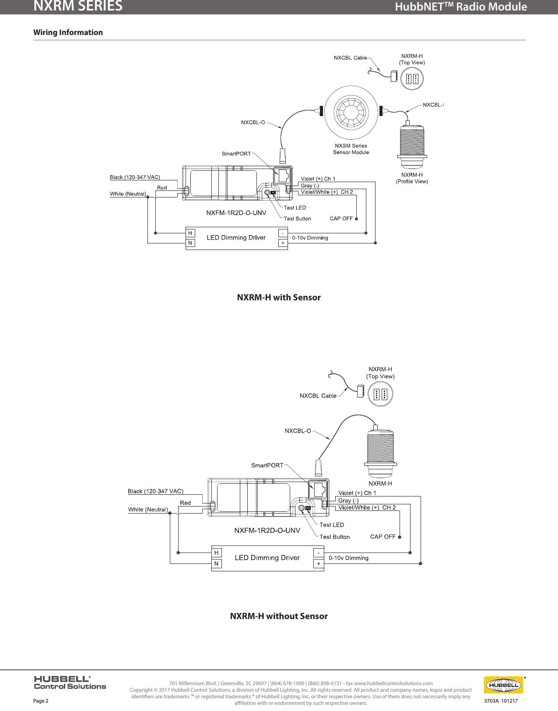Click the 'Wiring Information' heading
68,32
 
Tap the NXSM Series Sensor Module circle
351,112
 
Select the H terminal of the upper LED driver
190,233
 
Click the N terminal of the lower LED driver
216,563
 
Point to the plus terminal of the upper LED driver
283,243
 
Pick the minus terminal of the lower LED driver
319,553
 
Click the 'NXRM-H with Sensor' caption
279,297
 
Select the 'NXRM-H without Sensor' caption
279,616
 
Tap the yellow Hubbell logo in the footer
503,685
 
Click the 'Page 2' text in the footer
41,700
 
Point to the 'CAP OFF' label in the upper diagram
341,218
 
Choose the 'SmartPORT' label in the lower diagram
267,465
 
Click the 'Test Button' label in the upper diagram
297,218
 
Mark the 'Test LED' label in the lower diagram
331,525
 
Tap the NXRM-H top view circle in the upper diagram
412,79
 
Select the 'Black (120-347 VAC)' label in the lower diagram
155,491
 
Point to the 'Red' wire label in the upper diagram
162,188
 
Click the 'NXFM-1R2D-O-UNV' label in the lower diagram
267,531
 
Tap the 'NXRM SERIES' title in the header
78,6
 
